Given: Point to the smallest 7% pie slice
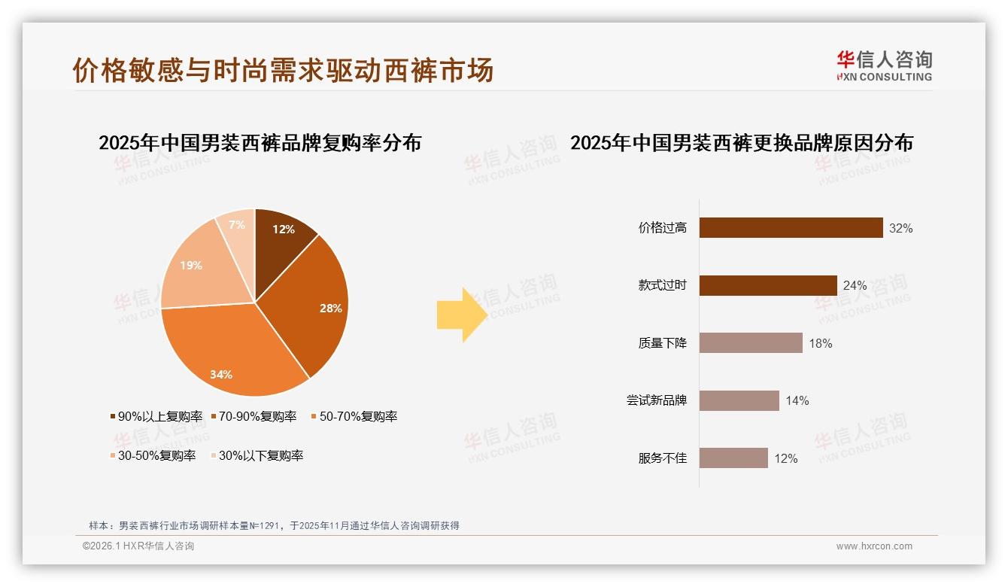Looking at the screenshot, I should click(x=238, y=226).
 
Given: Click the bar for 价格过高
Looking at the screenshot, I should click(x=791, y=228).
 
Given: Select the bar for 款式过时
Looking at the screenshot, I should click(x=768, y=285).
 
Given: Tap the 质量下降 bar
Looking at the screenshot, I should click(x=751, y=343).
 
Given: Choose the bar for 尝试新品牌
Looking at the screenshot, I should click(x=739, y=400).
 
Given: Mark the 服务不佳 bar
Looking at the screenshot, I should click(x=733, y=458).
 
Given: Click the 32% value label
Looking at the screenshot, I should click(x=900, y=228).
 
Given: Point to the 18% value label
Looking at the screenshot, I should click(x=820, y=343).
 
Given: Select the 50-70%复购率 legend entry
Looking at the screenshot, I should click(x=354, y=416).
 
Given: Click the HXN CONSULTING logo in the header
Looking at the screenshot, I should click(x=884, y=66).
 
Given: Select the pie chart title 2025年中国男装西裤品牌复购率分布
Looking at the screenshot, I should click(x=260, y=142).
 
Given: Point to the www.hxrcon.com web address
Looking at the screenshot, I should click(x=874, y=546).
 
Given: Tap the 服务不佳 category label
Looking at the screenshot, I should click(x=662, y=458).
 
